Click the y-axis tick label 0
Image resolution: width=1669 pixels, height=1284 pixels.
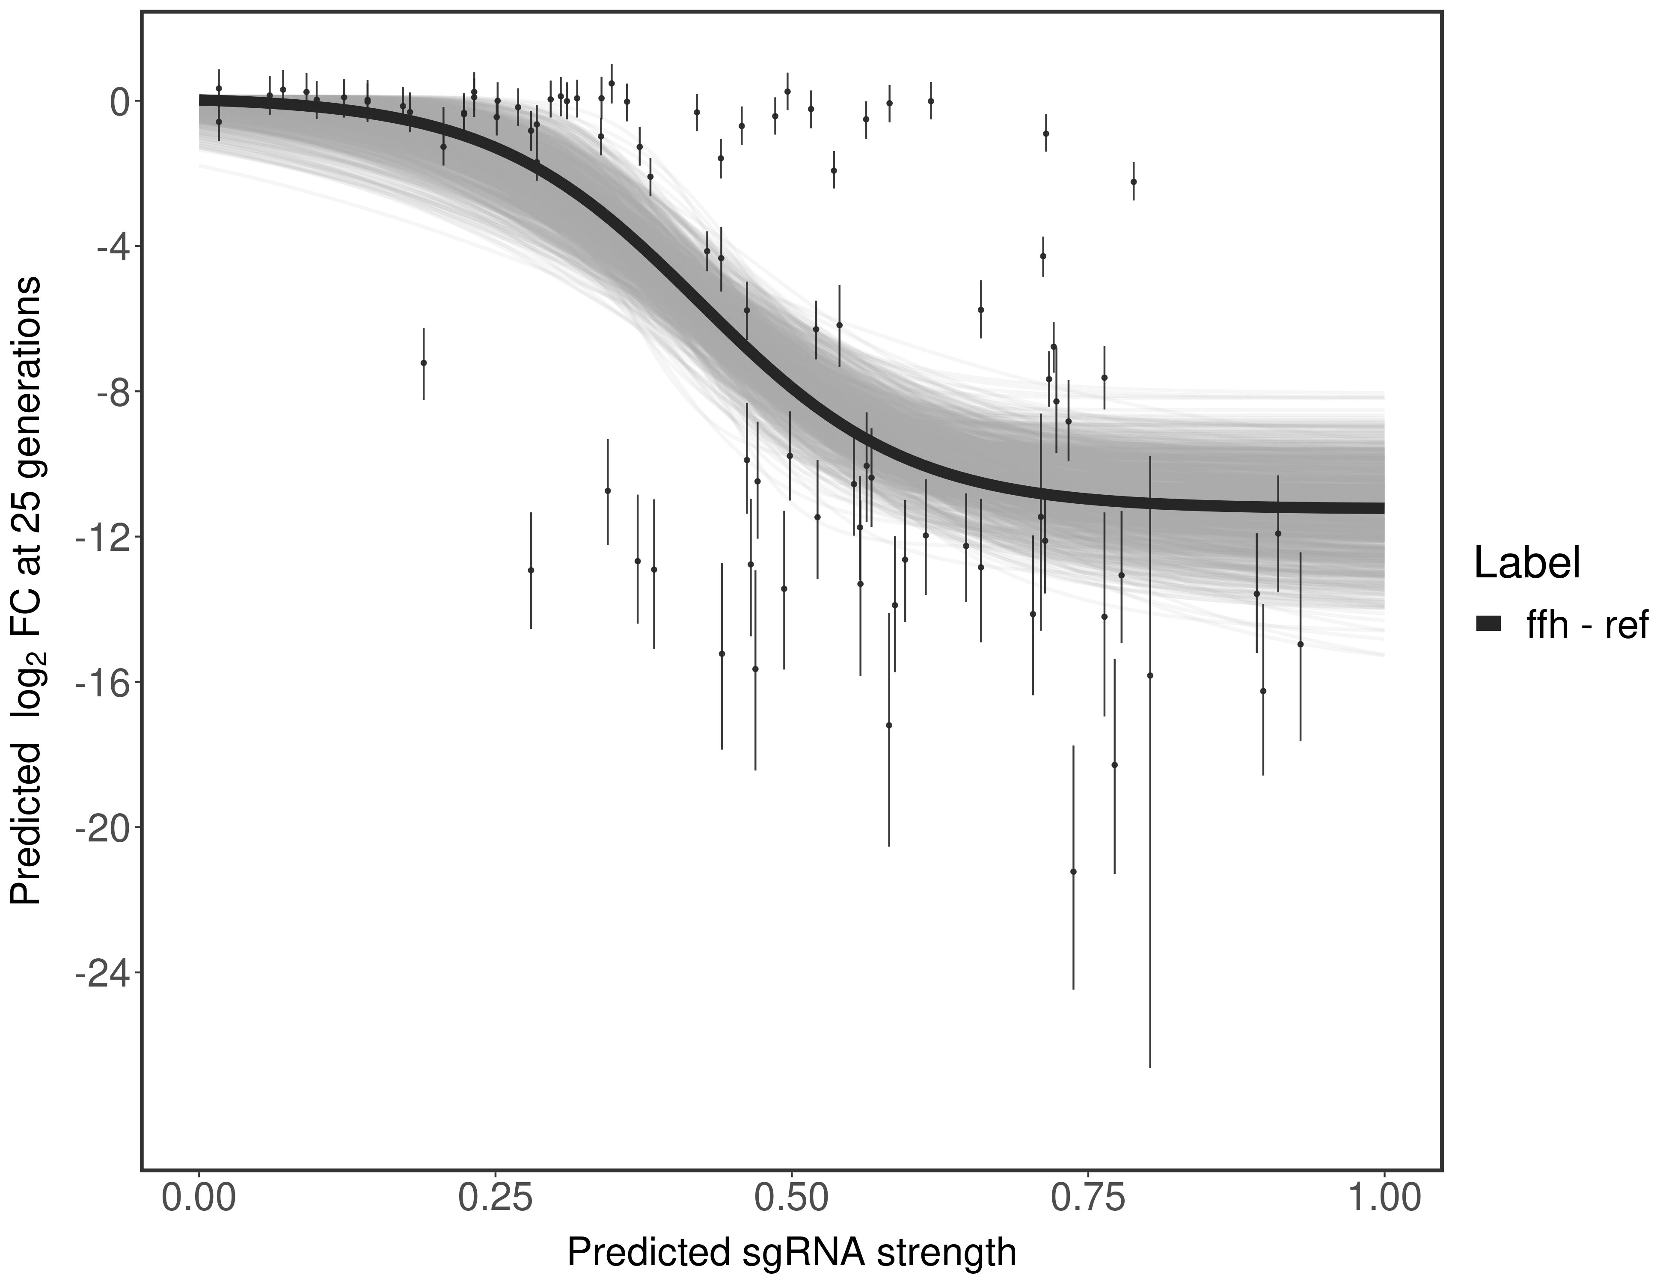120,102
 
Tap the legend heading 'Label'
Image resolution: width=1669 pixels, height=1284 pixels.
1527,564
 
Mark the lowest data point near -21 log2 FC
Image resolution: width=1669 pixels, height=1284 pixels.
1073,871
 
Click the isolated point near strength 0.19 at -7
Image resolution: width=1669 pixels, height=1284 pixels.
423,363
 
